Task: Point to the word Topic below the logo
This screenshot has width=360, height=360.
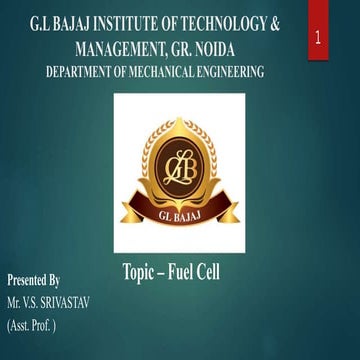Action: [141, 271]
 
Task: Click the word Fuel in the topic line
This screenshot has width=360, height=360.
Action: [188, 271]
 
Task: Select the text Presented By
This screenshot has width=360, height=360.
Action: [34, 281]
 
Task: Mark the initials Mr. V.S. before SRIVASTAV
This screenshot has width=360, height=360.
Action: [20, 302]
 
